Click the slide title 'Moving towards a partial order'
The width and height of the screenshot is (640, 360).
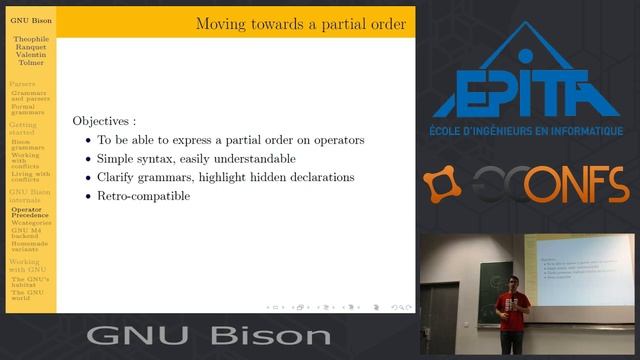click(300, 23)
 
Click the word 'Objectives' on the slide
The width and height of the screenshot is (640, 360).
click(104, 120)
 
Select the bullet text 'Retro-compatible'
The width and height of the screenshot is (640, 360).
click(143, 196)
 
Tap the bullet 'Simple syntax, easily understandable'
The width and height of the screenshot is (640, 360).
click(196, 158)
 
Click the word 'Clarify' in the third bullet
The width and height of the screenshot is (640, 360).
click(116, 177)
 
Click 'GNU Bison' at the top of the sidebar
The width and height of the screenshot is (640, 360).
click(30, 20)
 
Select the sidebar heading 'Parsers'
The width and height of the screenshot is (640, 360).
click(22, 83)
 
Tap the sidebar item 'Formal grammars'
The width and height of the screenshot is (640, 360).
click(28, 109)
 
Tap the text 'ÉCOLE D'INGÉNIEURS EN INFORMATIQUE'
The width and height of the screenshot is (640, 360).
click(526, 131)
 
